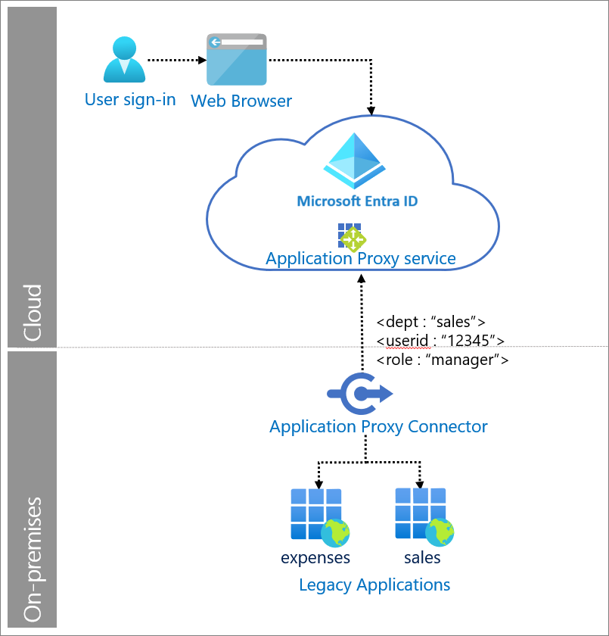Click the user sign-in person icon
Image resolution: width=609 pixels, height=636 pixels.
tap(123, 60)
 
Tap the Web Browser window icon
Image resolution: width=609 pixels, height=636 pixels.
tap(237, 60)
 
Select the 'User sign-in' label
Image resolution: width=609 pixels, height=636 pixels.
tap(130, 99)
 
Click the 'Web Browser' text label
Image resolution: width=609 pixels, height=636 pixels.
tap(241, 101)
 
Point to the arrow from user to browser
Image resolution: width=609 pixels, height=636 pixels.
tap(175, 59)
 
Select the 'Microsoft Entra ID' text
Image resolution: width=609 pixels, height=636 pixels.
tap(357, 201)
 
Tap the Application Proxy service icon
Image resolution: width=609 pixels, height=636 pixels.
tap(352, 236)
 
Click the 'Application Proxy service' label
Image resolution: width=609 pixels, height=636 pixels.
tap(360, 259)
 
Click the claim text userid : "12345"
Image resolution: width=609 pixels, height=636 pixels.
tap(440, 340)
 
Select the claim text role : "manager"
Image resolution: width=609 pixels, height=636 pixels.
tap(442, 360)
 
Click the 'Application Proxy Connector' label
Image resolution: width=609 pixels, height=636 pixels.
tap(378, 426)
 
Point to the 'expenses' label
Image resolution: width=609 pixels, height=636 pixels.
tap(315, 559)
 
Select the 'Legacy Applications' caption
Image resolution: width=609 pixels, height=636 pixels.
tap(374, 585)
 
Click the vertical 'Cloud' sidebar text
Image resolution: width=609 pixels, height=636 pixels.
tap(33, 313)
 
